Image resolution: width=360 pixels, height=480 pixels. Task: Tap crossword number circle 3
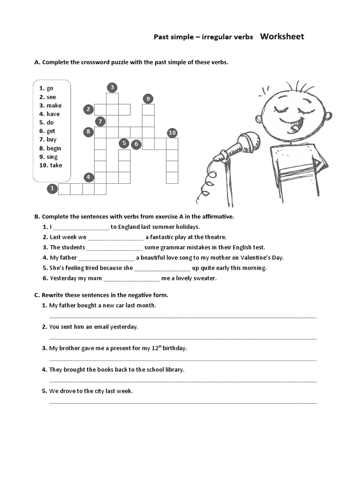[x=112, y=87]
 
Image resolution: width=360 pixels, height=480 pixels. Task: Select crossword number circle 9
[x=148, y=98]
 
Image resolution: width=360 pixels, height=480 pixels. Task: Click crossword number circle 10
[x=172, y=133]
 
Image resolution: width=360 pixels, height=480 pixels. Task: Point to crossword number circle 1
[x=52, y=189]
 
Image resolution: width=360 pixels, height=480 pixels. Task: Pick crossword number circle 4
[x=89, y=177]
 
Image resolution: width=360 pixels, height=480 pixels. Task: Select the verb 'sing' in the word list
[x=52, y=157]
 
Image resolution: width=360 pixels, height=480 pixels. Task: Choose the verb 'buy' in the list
[x=51, y=139]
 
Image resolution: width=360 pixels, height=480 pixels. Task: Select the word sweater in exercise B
[x=204, y=278]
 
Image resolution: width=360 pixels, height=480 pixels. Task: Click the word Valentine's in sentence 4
[x=256, y=258]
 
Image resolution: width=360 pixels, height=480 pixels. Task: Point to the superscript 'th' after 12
[x=159, y=346]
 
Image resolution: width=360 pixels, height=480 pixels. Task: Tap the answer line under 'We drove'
[x=183, y=402]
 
